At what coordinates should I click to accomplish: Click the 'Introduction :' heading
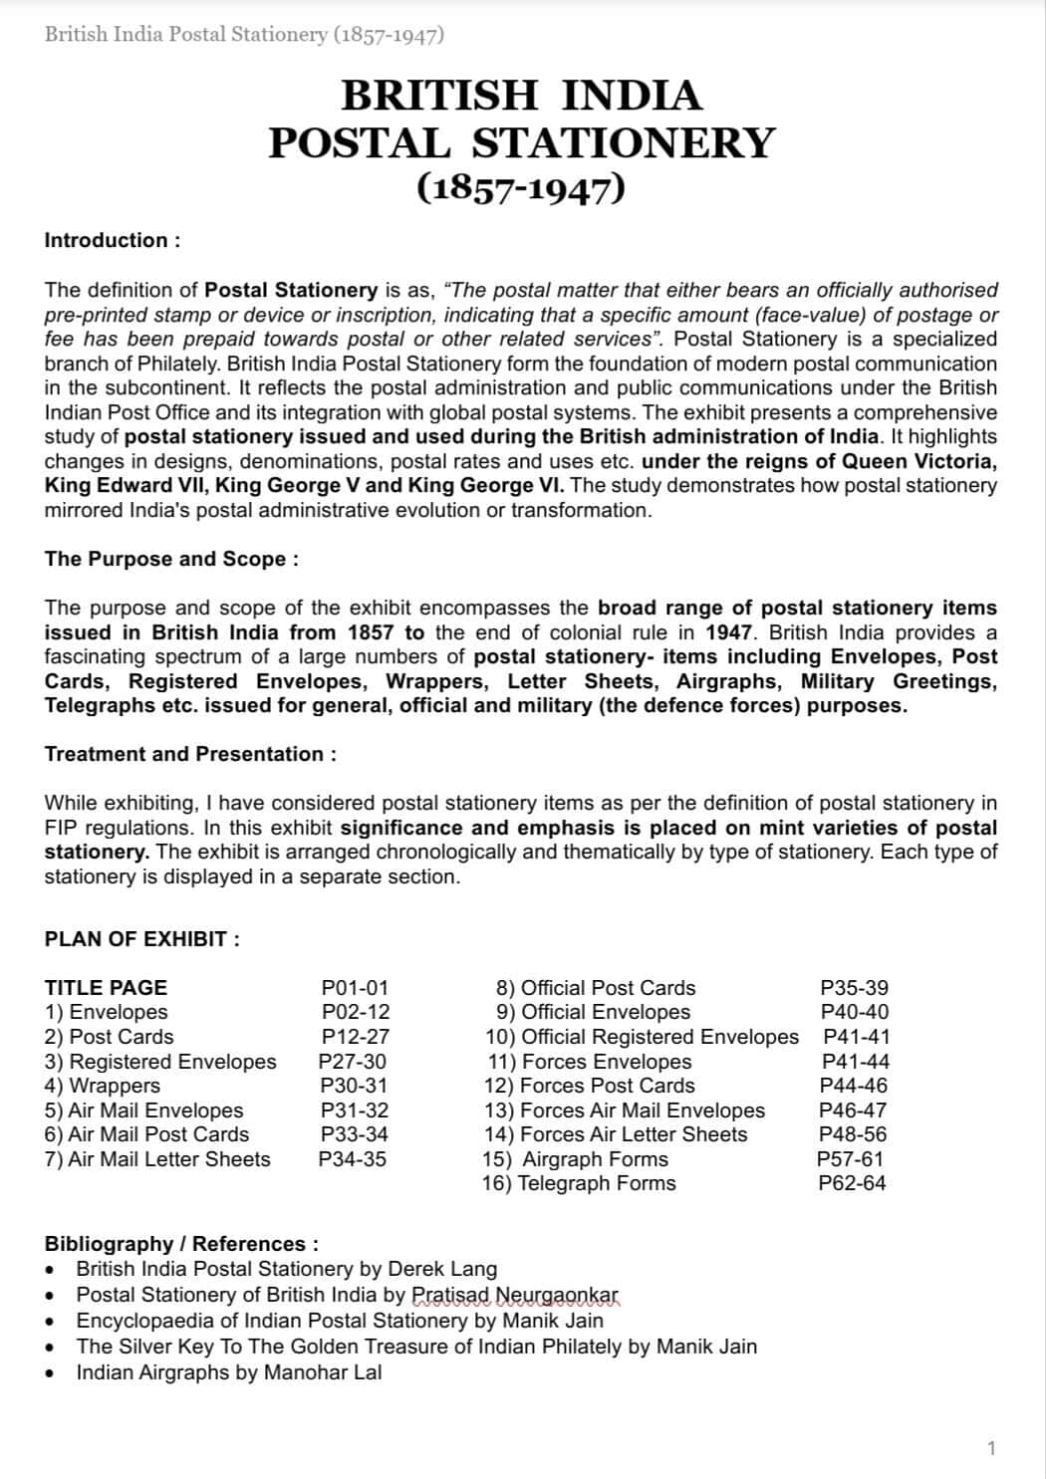[x=113, y=240]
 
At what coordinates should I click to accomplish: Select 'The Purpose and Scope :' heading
[x=171, y=559]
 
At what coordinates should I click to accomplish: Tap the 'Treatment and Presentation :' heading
[x=190, y=754]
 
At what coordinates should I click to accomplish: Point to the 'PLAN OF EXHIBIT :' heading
[x=142, y=939]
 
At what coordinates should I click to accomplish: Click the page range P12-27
[x=355, y=1037]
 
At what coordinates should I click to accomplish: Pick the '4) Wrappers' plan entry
[x=103, y=1086]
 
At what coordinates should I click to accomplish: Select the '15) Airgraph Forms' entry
[x=576, y=1159]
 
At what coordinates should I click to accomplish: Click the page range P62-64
[x=852, y=1183]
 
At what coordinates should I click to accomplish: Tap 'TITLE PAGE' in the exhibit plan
[x=106, y=988]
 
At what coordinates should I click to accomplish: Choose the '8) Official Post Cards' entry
[x=596, y=988]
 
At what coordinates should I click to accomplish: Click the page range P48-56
[x=852, y=1134]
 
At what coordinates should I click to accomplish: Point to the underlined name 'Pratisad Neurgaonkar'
[x=515, y=1295]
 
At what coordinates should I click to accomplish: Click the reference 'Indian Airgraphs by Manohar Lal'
[x=229, y=1372]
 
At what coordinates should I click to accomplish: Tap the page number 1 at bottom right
[x=991, y=1448]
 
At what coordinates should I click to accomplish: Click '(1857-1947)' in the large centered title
[x=521, y=187]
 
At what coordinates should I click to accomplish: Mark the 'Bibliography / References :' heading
[x=181, y=1244]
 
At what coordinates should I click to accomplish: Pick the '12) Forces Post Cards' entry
[x=589, y=1086]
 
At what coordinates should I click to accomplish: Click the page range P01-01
[x=355, y=988]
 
